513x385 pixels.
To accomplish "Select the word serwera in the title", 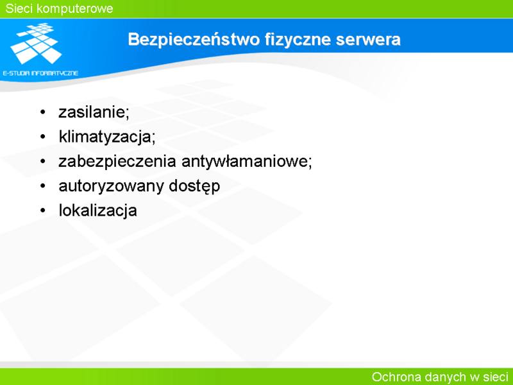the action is pyautogui.click(x=368, y=40).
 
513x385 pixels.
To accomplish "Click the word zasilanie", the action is pyautogui.click(x=94, y=112).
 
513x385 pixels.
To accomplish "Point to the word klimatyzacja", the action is pyautogui.click(x=107, y=136).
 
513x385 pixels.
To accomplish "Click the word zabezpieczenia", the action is pyautogui.click(x=117, y=162).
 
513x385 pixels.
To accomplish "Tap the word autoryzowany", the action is pyautogui.click(x=111, y=186).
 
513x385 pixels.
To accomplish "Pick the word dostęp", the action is pyautogui.click(x=194, y=186).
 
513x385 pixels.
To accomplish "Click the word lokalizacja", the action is pyautogui.click(x=98, y=210).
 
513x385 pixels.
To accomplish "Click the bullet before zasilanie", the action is pyautogui.click(x=43, y=112).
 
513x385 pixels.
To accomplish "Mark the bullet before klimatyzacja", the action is pyautogui.click(x=43, y=137).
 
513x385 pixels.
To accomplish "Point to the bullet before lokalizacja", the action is pyautogui.click(x=43, y=210).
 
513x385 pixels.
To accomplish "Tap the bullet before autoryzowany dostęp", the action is pyautogui.click(x=43, y=186).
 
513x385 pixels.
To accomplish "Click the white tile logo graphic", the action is pyautogui.click(x=36, y=43).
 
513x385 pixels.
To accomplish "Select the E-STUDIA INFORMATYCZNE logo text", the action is pyautogui.click(x=40, y=73).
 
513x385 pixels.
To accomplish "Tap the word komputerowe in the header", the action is pyautogui.click(x=75, y=9).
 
